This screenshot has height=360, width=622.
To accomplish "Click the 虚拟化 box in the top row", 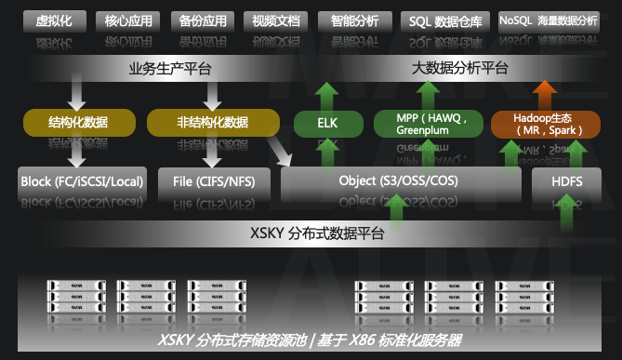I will (60, 19).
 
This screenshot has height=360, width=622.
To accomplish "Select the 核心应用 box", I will (130, 19).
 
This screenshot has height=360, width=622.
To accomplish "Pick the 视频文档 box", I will (274, 19).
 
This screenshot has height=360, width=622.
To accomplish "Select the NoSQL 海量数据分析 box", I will (549, 19).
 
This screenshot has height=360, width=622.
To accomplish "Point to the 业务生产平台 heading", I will (169, 69).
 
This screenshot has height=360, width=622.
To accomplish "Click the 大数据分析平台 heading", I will (460, 69).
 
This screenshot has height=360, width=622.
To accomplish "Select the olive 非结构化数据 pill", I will (212, 122).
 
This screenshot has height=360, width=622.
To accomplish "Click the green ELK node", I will (326, 122).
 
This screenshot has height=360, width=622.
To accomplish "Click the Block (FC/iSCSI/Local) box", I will (83, 181).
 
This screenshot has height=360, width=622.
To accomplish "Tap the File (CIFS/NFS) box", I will (213, 181).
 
